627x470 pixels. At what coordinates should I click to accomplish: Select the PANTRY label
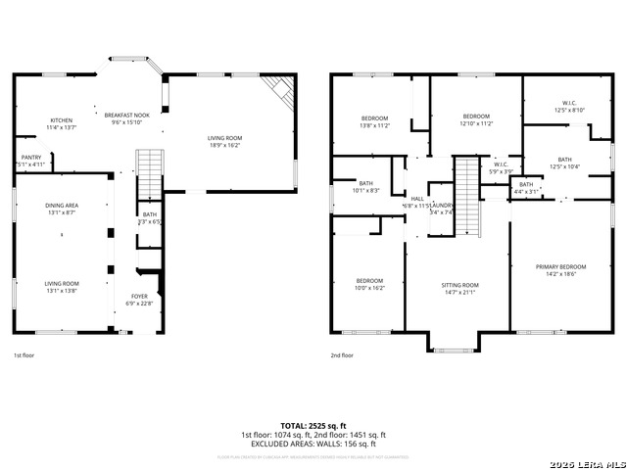click(31, 157)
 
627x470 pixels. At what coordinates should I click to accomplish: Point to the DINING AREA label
click(62, 205)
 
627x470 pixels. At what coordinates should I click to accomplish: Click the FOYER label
click(140, 295)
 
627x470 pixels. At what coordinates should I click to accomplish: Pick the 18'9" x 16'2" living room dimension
click(224, 145)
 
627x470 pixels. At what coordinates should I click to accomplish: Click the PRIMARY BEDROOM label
click(560, 266)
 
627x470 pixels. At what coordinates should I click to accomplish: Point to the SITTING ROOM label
click(459, 285)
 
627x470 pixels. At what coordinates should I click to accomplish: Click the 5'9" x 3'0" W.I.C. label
click(501, 171)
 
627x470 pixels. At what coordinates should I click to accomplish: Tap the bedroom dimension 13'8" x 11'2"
click(375, 125)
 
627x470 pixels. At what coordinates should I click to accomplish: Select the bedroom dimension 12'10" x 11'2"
click(476, 123)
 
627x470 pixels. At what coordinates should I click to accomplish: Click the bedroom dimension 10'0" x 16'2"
click(369, 288)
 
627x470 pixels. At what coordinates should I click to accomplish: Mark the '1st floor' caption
click(24, 355)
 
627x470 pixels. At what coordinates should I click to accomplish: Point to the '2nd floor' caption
click(342, 355)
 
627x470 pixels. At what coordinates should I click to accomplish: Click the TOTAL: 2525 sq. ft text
click(313, 426)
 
